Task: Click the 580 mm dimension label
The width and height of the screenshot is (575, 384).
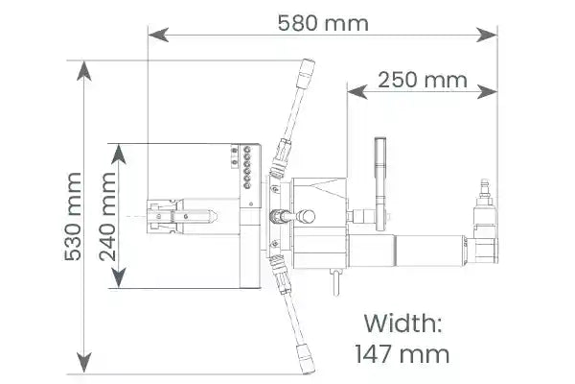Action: tap(323, 23)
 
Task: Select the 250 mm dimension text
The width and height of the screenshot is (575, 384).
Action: tap(423, 80)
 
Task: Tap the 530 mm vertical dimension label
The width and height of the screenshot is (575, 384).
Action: tap(73, 217)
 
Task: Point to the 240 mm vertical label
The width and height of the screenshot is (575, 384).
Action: tap(107, 217)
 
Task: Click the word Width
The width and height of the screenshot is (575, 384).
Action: tap(402, 323)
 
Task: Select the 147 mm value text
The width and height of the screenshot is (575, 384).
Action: tap(402, 354)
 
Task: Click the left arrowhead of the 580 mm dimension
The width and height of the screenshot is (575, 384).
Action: tap(158, 35)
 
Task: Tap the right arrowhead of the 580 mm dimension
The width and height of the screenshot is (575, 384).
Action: tap(487, 35)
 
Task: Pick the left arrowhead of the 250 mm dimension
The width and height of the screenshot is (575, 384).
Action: tap(357, 91)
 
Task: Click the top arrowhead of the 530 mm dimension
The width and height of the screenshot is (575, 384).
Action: tap(84, 71)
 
